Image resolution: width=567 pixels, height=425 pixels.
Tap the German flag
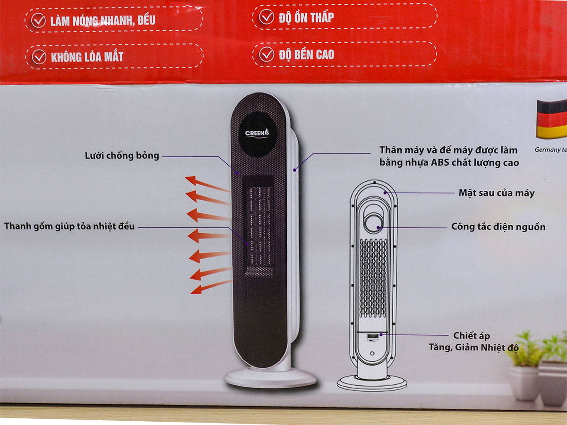(x=552, y=119)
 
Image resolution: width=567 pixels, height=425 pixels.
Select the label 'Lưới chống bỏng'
(x=122, y=156)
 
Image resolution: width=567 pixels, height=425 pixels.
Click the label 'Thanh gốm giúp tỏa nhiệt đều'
(x=69, y=227)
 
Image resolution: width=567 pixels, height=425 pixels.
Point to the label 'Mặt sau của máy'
(x=497, y=193)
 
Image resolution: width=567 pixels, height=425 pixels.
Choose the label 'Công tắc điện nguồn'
(x=498, y=227)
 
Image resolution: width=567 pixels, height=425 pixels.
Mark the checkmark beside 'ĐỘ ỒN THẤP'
(x=266, y=18)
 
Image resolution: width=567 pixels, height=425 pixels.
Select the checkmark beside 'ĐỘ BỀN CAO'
(x=266, y=54)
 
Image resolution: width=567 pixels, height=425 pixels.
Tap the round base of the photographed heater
(x=270, y=377)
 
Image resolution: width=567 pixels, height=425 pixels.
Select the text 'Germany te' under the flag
(x=550, y=150)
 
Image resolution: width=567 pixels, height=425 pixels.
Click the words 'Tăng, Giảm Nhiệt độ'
(x=473, y=348)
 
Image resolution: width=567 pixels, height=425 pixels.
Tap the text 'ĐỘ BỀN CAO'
(x=306, y=55)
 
